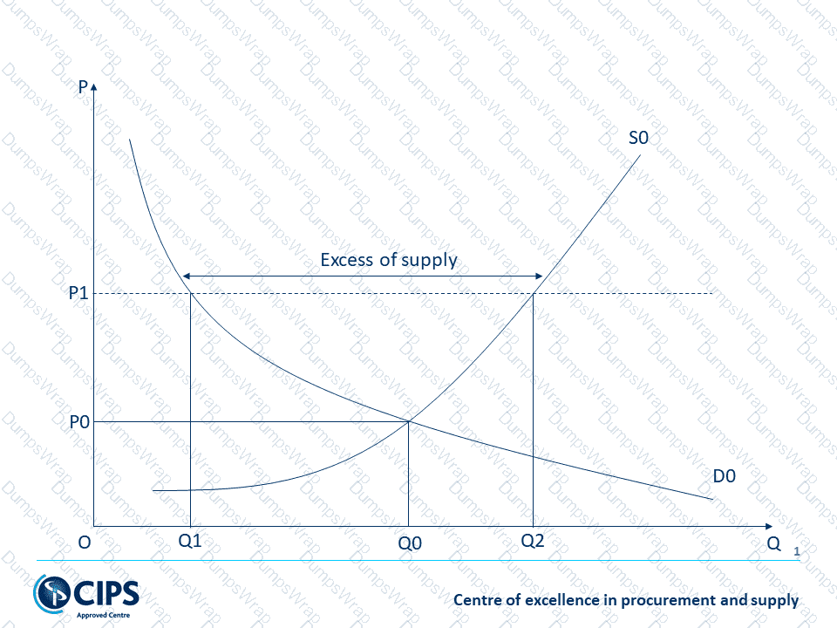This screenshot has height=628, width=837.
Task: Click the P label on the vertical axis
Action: [82, 87]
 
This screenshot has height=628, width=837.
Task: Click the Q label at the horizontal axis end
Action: [773, 542]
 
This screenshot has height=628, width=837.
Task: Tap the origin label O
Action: [84, 542]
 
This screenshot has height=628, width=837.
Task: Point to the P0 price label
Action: [79, 422]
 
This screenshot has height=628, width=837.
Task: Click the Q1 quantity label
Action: [190, 541]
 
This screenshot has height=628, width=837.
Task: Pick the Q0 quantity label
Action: [410, 543]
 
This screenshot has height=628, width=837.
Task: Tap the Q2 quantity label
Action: [533, 541]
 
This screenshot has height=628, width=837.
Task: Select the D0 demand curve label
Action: [724, 476]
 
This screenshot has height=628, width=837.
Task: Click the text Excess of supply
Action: [389, 260]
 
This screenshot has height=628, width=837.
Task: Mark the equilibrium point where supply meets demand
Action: [408, 421]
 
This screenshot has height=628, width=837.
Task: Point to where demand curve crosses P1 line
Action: [191, 293]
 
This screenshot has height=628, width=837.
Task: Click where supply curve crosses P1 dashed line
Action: [533, 293]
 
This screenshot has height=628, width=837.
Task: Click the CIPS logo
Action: [86, 596]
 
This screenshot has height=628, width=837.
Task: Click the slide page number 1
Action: [796, 551]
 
